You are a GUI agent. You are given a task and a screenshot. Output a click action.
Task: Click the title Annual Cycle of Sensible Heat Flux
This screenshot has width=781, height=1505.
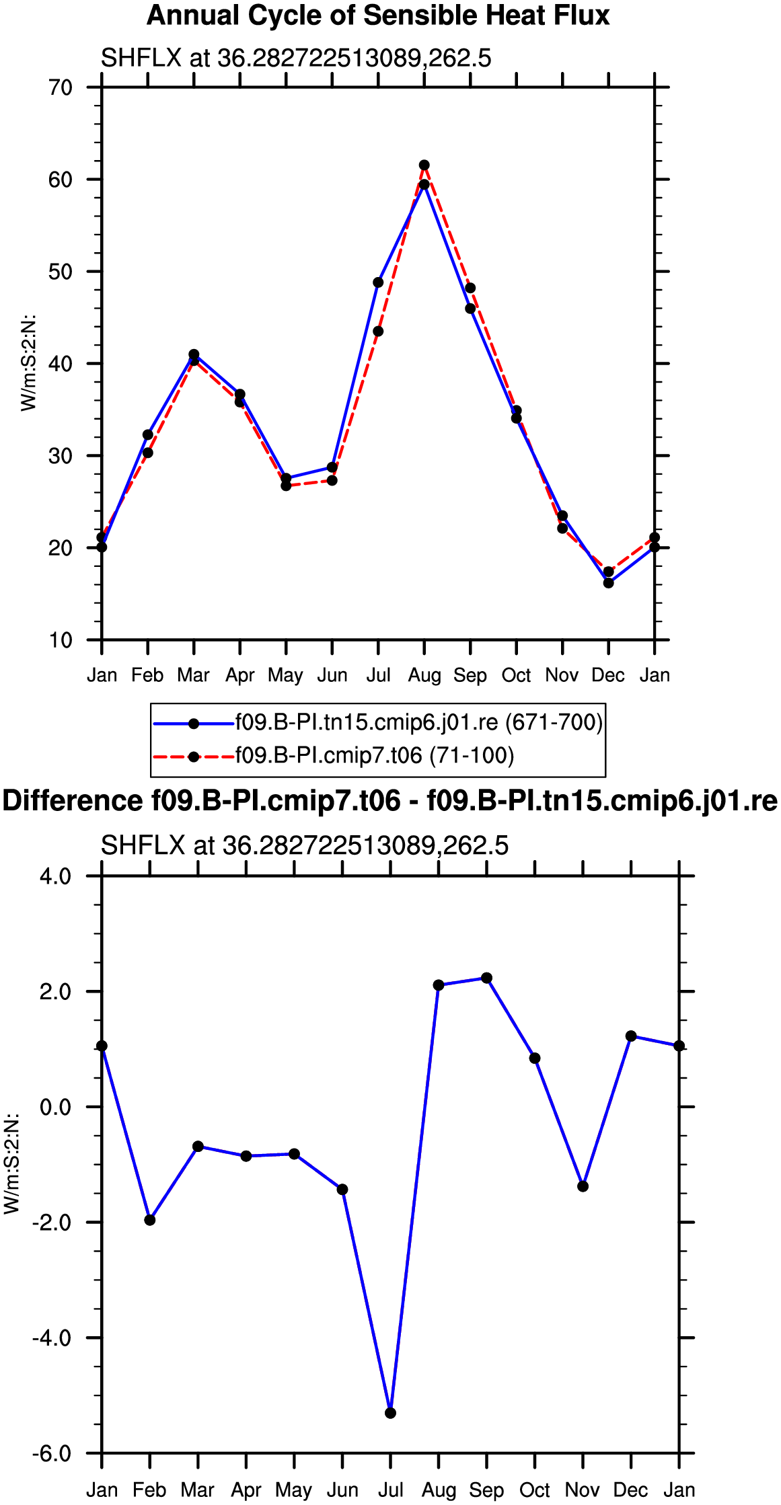pos(378,15)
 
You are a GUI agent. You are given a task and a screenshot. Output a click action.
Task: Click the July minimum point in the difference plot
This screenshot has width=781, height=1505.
pos(391,1413)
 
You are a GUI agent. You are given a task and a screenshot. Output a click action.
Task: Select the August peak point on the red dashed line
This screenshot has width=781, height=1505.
pos(424,165)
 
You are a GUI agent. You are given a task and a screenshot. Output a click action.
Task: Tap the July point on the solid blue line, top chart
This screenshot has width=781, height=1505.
pos(378,282)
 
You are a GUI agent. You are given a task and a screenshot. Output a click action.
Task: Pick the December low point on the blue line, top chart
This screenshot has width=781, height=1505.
pos(609,583)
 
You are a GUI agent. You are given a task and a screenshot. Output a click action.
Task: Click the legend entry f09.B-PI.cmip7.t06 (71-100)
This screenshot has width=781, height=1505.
pos(375,756)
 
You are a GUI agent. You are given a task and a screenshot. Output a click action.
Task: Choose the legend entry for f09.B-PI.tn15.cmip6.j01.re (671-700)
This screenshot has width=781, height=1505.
pos(419,723)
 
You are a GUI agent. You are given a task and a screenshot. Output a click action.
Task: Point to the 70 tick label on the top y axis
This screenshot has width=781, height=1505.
pos(61,87)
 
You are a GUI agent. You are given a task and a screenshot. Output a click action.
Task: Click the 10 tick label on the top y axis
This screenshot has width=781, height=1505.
pos(61,640)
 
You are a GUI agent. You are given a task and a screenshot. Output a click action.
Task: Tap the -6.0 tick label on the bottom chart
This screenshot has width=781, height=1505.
pos(52,1454)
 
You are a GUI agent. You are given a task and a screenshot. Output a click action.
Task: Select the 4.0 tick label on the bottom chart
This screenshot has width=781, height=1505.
pos(56,876)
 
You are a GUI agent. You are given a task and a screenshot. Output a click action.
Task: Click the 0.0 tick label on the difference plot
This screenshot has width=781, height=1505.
pos(56,1107)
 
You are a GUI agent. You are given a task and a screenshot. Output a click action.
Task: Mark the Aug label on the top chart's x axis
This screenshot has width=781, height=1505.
pos(424,676)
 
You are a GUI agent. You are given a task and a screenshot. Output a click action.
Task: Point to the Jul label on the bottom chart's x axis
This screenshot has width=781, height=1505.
pos(391,1490)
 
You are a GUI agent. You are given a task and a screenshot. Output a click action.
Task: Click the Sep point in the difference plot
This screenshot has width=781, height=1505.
pos(487,978)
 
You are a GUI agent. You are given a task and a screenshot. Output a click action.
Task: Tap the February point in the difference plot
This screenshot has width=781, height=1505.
pos(150,1220)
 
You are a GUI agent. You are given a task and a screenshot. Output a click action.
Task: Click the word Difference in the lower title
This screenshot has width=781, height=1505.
pos(72,802)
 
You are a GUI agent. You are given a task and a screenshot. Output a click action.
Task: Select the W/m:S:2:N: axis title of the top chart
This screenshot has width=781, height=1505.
pos(28,362)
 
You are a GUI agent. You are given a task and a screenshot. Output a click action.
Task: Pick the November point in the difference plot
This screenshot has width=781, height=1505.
pos(583,1186)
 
